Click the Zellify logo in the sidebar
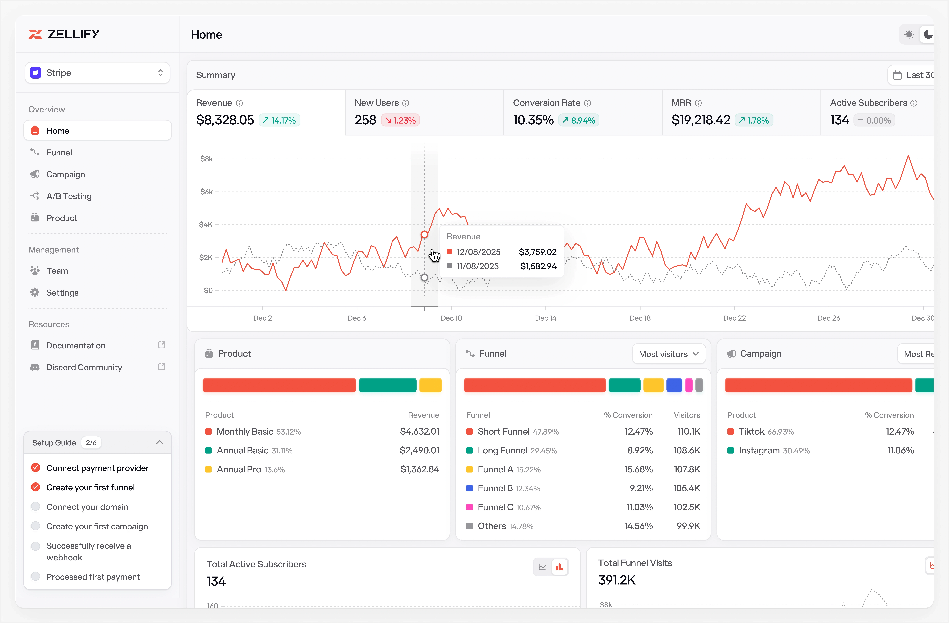pos(64,34)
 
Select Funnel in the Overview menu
pos(59,153)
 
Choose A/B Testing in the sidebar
pos(69,196)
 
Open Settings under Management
pos(62,293)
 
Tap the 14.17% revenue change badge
pos(280,120)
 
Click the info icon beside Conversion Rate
pos(587,103)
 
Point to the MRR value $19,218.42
pos(701,120)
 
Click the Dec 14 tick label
pos(545,318)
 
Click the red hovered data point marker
pos(424,234)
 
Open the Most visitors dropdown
pos(668,354)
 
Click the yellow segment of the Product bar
pos(430,385)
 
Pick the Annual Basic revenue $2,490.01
pos(419,450)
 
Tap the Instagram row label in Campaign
pos(759,450)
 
